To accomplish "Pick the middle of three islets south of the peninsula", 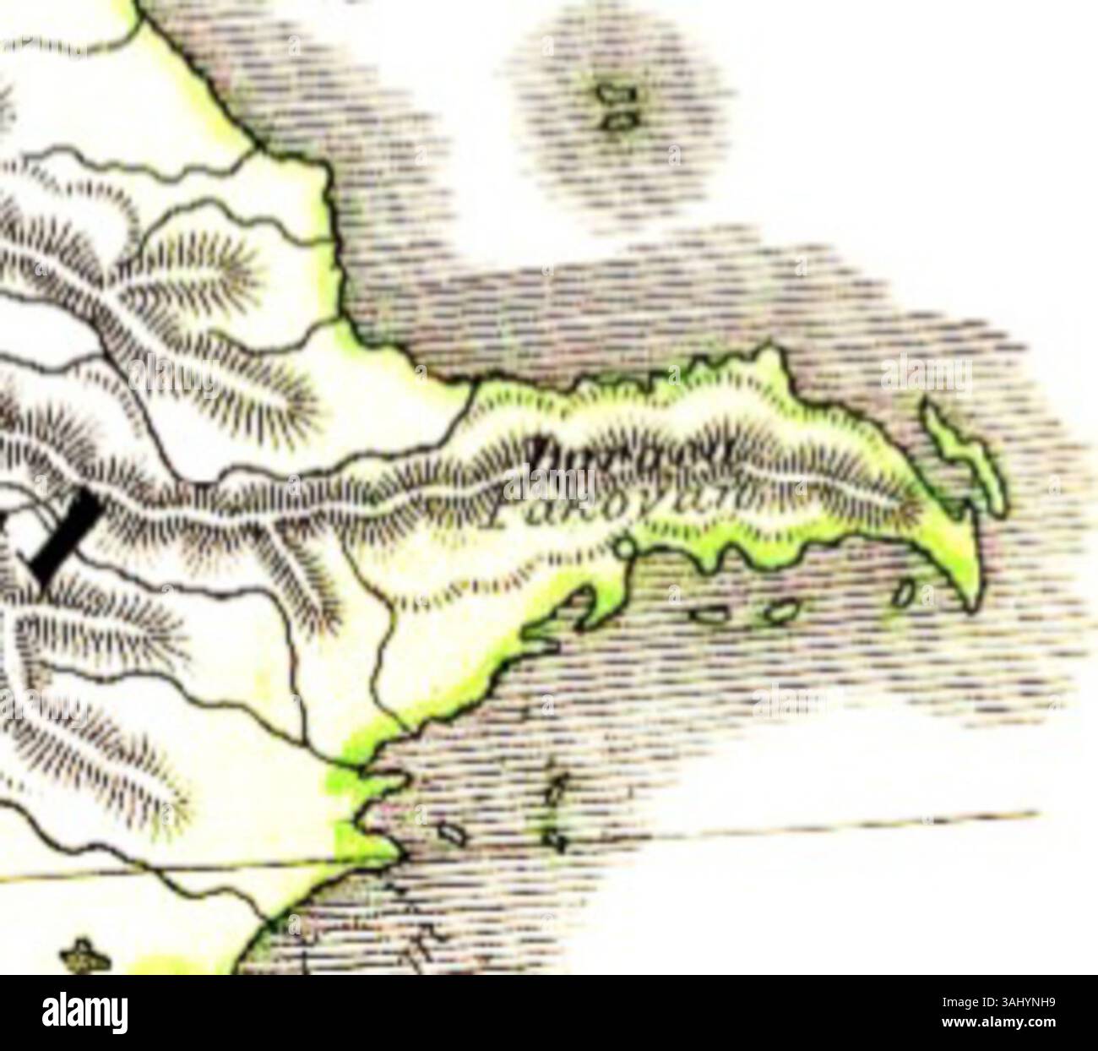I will (x=784, y=612).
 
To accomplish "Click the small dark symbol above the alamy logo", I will (x=84, y=956).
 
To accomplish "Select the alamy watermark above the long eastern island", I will (x=927, y=375).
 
